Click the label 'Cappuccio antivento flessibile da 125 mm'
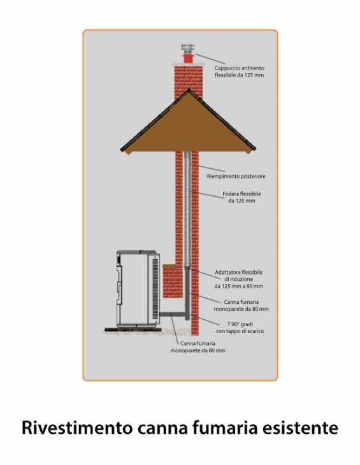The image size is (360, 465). click(240, 71)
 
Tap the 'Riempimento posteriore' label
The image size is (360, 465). click(236, 176)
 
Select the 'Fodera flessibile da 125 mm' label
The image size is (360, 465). click(241, 197)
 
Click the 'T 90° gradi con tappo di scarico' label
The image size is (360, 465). click(240, 327)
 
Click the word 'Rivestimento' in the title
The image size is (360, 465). click(77, 427)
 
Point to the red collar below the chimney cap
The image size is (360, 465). click(188, 59)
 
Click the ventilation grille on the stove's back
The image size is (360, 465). click(155, 287)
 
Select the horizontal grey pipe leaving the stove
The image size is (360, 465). click(173, 314)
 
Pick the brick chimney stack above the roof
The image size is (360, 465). click(189, 81)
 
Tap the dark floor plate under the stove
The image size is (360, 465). click(133, 329)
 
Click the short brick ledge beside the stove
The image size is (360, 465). click(173, 281)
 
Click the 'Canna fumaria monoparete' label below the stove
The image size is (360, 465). click(198, 347)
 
